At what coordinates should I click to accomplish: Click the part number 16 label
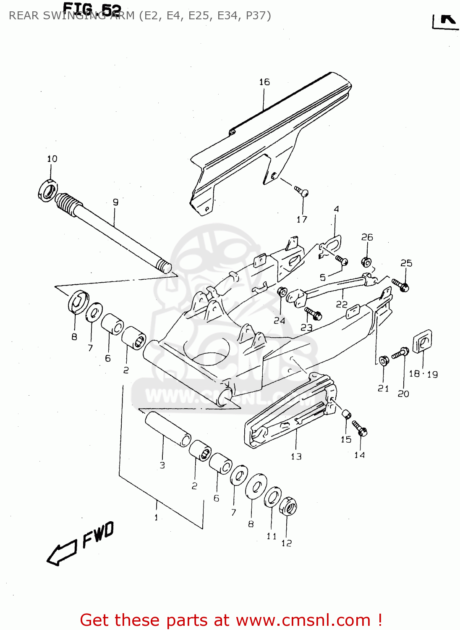pyautogui.click(x=264, y=82)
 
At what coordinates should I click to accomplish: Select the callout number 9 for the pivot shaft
pyautogui.click(x=115, y=202)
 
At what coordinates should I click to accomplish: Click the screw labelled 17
pyautogui.click(x=302, y=192)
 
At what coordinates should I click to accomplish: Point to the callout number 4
pyautogui.click(x=336, y=209)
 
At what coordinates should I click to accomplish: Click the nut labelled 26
pyautogui.click(x=366, y=262)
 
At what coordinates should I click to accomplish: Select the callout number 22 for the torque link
pyautogui.click(x=342, y=304)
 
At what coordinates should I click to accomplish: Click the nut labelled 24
pyautogui.click(x=282, y=291)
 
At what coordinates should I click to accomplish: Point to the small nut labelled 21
pyautogui.click(x=383, y=361)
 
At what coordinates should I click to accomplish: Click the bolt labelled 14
pyautogui.click(x=360, y=428)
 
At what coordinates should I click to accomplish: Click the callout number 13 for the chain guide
pyautogui.click(x=296, y=456)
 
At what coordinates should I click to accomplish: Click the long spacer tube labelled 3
pyautogui.click(x=168, y=429)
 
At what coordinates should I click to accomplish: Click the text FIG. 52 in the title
pyautogui.click(x=92, y=9)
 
